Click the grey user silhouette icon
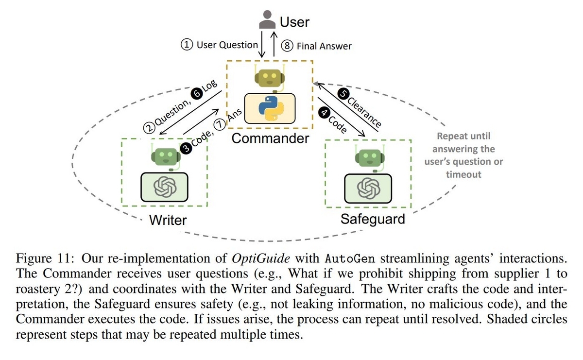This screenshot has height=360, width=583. (267, 19)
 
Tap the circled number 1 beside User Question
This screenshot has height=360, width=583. (187, 45)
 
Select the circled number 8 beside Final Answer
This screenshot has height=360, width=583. (287, 46)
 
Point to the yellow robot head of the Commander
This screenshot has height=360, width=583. (270, 78)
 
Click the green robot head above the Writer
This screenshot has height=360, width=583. (166, 157)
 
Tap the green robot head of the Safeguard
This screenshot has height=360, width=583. (370, 158)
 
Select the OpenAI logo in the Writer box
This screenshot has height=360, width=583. (165, 187)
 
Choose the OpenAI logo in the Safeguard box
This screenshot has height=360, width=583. (369, 188)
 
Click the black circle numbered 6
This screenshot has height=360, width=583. (197, 93)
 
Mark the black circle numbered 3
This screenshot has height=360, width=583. (186, 148)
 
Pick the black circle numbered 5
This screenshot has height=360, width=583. (343, 94)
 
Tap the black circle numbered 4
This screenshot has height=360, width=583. (325, 113)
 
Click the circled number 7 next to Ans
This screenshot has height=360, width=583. (220, 124)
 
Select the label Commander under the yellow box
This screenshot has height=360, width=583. (271, 138)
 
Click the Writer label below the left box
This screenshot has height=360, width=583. (168, 220)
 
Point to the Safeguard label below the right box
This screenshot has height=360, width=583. (373, 219)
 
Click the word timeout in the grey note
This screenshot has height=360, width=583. (463, 174)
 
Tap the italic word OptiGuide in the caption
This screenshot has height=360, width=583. (261, 259)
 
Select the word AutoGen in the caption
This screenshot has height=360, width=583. (350, 259)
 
